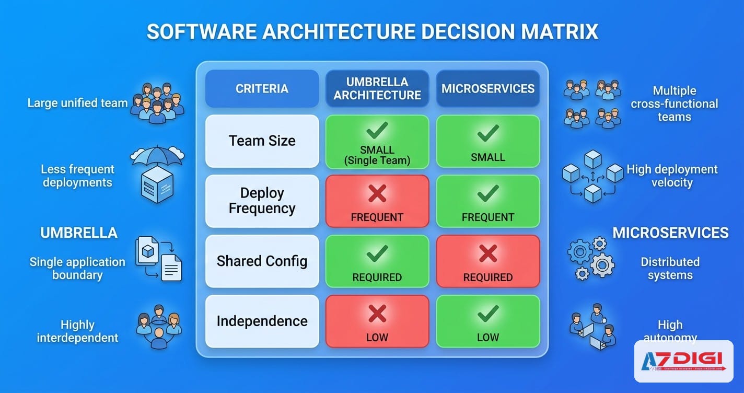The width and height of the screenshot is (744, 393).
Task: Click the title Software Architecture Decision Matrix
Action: tap(372, 32)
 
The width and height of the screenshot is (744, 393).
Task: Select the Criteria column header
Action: tap(262, 89)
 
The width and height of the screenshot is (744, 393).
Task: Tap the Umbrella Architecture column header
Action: tap(377, 89)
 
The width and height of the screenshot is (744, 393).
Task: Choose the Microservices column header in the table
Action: tap(488, 89)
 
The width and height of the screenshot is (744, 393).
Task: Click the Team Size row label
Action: tap(262, 141)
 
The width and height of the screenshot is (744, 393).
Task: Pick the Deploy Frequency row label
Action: tap(262, 201)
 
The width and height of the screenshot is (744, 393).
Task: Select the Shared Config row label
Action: tap(262, 261)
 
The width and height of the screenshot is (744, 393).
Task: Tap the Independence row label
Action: tap(262, 321)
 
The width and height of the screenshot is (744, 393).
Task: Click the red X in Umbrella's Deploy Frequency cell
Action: tap(377, 194)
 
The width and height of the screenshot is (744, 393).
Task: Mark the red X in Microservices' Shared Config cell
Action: tap(488, 254)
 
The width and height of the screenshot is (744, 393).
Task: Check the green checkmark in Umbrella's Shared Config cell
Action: tap(377, 254)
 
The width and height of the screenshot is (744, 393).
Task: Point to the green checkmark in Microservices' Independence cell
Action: tap(488, 314)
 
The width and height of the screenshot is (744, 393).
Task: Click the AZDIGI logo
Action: tap(683, 361)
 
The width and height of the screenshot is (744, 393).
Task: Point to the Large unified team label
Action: tap(77, 103)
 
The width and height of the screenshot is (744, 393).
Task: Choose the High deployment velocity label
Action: tap(672, 176)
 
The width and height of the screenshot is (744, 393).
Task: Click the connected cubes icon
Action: tap(592, 176)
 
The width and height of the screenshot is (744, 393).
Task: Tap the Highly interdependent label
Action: tap(77, 331)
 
